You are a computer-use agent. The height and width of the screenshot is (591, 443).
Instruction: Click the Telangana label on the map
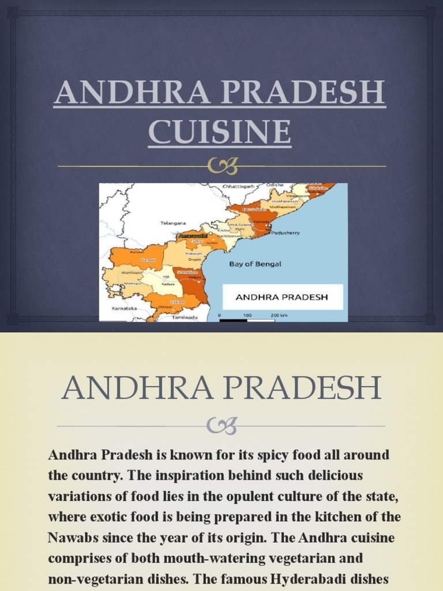pos(173,222)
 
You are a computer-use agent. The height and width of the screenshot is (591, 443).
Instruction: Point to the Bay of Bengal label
pos(255,264)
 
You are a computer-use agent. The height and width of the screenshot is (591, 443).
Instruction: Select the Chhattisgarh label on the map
pos(241,187)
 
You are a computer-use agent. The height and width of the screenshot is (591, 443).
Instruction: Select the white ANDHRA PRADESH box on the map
pos(283,297)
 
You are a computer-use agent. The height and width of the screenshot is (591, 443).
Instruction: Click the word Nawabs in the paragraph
pos(72,538)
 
